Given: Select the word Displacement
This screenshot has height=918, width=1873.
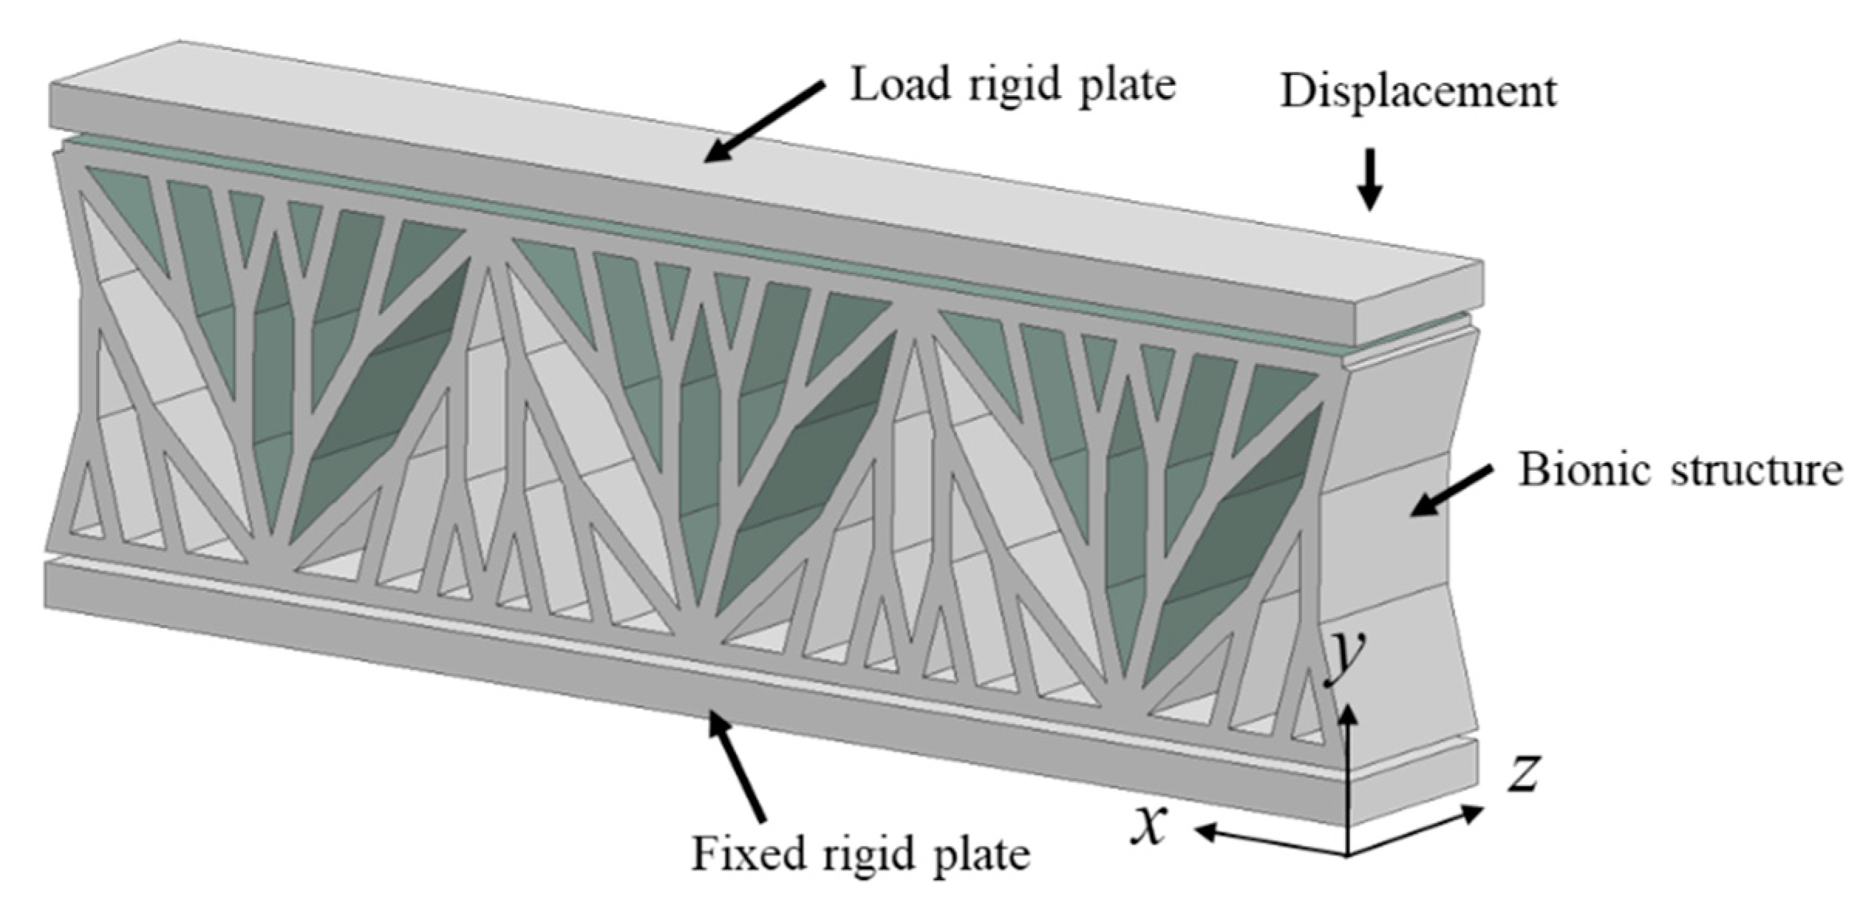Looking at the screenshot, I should (x=1418, y=91).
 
